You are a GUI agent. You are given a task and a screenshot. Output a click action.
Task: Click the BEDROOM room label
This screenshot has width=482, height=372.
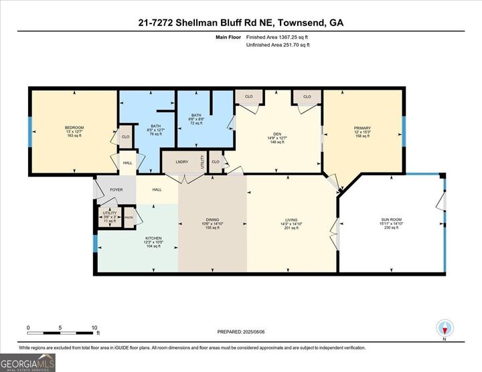coord(74,128)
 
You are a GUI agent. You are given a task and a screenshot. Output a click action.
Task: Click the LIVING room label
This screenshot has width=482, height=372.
coord(291,219)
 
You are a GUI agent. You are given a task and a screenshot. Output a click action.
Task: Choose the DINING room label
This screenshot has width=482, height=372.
coord(212,219)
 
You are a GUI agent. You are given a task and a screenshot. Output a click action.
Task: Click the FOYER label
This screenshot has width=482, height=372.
coord(116,190)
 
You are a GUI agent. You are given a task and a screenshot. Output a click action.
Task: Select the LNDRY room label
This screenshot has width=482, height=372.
coord(181,162)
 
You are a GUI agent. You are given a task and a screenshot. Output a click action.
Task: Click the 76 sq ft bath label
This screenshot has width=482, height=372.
coord(155,126)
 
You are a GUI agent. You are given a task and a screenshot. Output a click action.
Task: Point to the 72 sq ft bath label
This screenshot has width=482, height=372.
coord(196,115)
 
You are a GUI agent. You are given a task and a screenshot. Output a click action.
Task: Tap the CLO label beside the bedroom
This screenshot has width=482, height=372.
coord(125,137)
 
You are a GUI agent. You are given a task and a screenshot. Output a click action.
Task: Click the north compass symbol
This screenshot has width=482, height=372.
coord(445,329)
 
